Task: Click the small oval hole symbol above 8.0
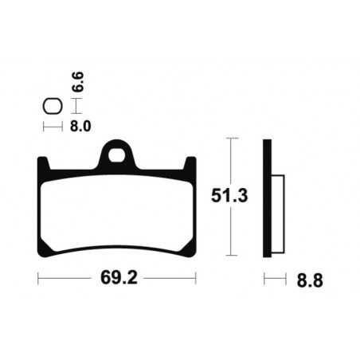[52, 105]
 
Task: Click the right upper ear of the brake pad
[190, 164]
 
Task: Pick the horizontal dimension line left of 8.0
[52, 126]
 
